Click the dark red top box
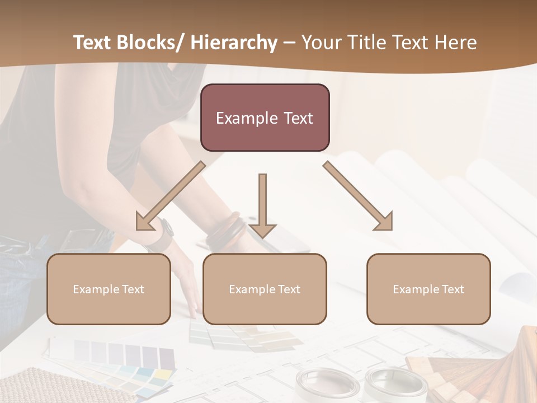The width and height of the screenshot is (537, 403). (x=265, y=118)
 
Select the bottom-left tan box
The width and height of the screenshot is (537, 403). (x=109, y=289)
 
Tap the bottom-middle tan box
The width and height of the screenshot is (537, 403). (x=265, y=289)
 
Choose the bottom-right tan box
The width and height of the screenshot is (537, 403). (x=428, y=289)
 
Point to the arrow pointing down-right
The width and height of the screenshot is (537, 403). (x=359, y=196)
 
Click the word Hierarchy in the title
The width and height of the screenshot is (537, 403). (x=233, y=43)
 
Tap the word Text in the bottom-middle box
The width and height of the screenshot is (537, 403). (x=288, y=289)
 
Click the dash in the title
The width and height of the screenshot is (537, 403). (x=289, y=43)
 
